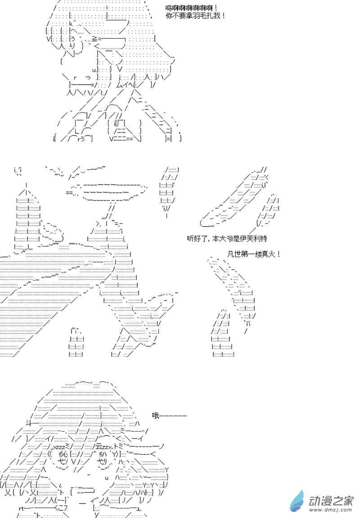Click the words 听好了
pyautogui.click(x=197, y=239)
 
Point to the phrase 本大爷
pyautogui.click(x=222, y=239)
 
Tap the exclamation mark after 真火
pyautogui.click(x=279, y=254)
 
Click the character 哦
pyautogui.click(x=156, y=416)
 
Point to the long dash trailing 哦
pyautogui.click(x=173, y=416)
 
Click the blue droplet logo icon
pyautogui.click(x=297, y=501)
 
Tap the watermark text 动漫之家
pyautogui.click(x=330, y=500)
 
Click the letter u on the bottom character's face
pyautogui.click(x=107, y=478)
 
